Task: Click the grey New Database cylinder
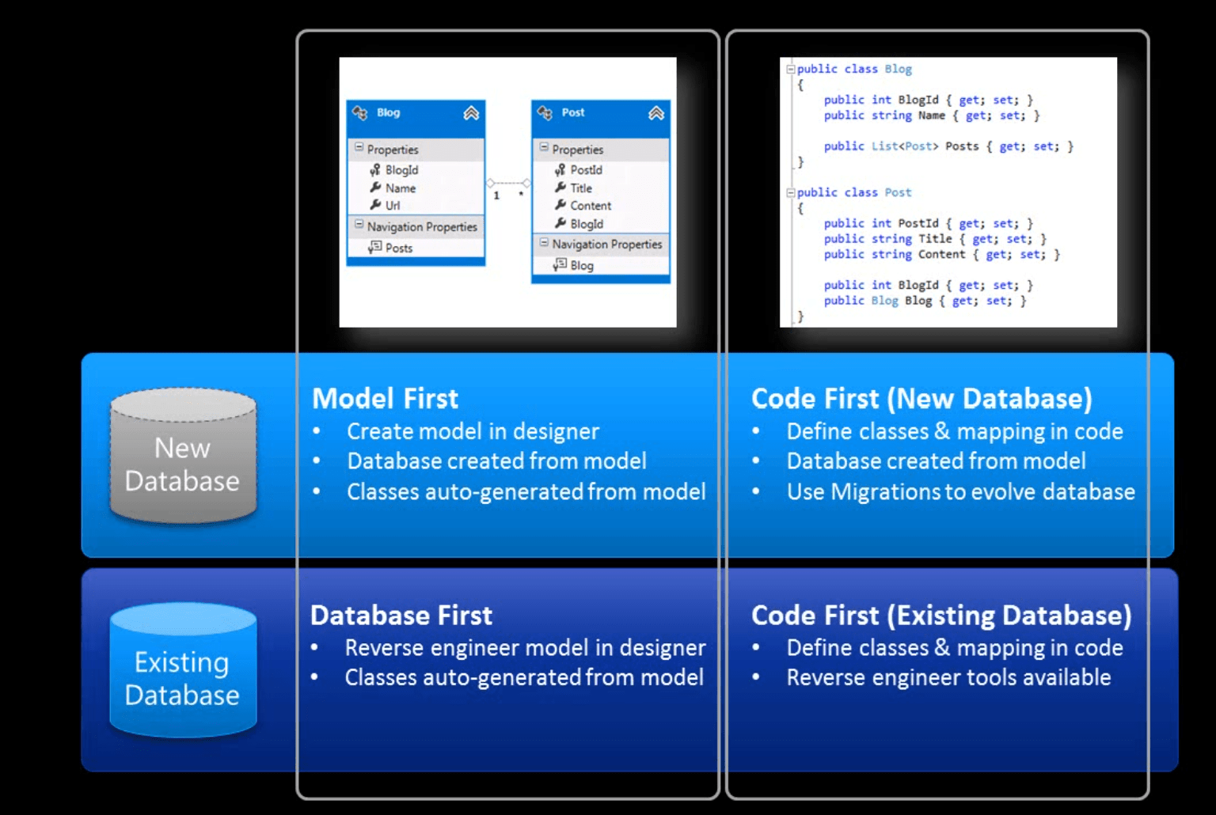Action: click(183, 457)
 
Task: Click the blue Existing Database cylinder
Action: click(183, 673)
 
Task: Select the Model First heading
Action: click(385, 399)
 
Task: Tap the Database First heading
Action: click(401, 616)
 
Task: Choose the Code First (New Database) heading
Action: click(921, 399)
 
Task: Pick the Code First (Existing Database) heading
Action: click(941, 616)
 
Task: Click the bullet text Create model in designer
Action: click(473, 431)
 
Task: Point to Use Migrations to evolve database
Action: click(960, 492)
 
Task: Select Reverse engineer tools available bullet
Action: click(948, 677)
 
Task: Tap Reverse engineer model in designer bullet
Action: click(525, 648)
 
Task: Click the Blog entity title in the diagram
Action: click(388, 112)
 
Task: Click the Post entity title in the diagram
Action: click(573, 112)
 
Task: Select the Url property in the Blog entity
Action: click(393, 206)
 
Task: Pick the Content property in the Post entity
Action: click(591, 206)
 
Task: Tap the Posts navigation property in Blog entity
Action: click(399, 248)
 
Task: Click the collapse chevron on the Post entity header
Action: click(656, 113)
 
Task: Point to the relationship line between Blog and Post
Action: click(508, 183)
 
